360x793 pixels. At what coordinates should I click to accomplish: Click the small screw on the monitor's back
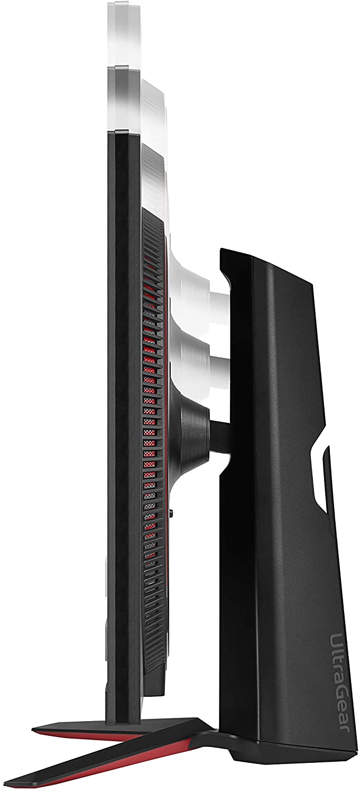pyautogui.click(x=171, y=512)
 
